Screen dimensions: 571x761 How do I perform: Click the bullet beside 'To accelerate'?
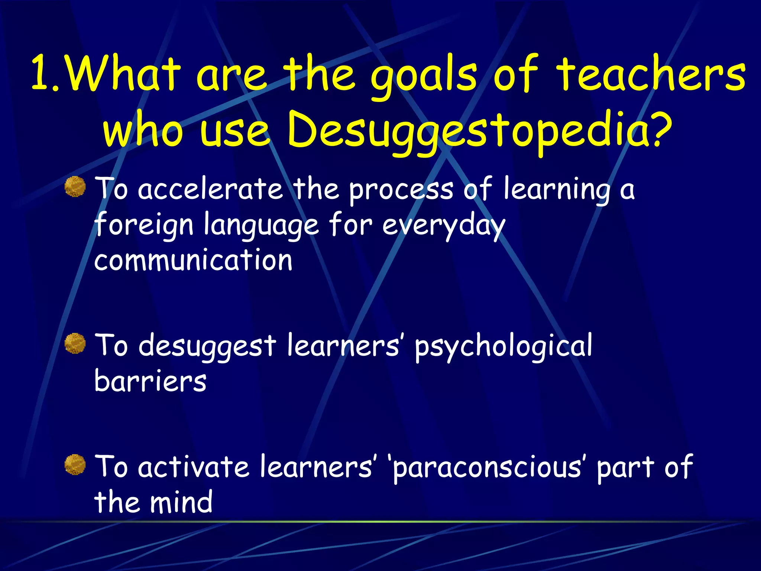tap(75, 187)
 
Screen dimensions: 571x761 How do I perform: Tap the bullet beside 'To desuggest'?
tap(75, 343)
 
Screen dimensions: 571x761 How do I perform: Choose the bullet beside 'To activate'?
tap(75, 465)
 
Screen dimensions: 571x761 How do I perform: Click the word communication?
tap(193, 260)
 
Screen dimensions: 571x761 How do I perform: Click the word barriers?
tap(150, 381)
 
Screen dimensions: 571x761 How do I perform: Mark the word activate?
tap(193, 467)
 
